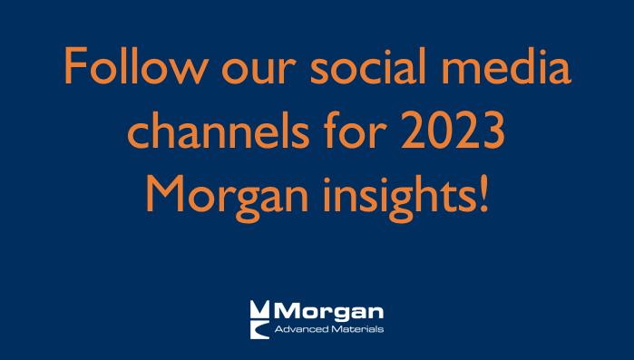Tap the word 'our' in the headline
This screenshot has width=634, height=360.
(248, 73)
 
